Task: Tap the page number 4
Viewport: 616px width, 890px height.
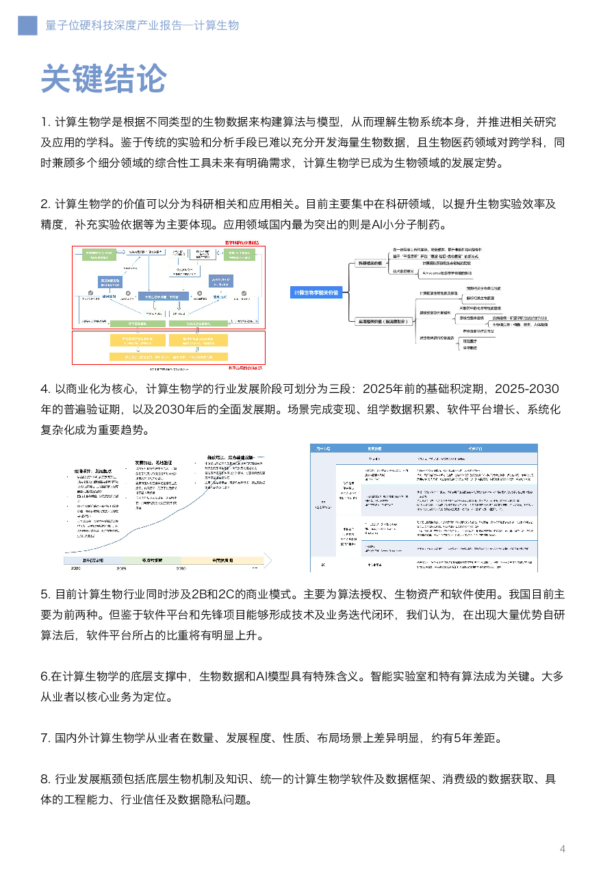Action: (563, 849)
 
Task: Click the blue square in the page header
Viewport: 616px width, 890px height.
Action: (27, 25)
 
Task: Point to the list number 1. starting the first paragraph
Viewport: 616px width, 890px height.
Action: (46, 123)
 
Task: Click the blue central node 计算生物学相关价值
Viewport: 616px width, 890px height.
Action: (316, 292)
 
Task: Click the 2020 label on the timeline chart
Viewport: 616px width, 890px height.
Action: (75, 568)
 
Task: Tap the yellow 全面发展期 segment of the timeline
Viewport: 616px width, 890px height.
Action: (220, 559)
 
